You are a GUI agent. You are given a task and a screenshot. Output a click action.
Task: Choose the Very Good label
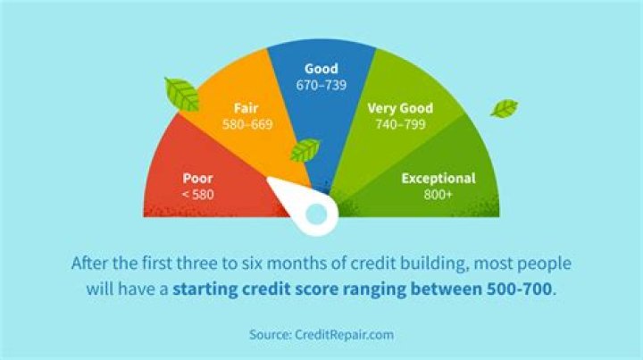point(400,108)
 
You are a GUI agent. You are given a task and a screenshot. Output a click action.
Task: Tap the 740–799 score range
point(400,125)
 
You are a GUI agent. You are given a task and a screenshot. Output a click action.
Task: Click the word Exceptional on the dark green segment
point(438,178)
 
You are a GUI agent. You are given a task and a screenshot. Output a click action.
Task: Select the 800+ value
point(438,194)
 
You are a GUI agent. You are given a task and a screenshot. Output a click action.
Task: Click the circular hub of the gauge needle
point(315,214)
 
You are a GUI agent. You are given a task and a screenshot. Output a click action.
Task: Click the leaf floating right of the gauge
point(503,110)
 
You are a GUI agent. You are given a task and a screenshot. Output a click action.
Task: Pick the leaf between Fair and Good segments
point(306,149)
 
